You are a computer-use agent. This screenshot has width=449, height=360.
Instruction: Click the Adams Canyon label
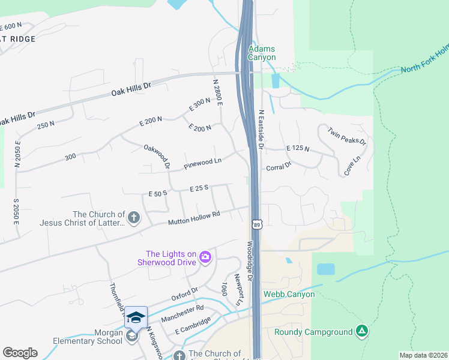pyautogui.click(x=262, y=53)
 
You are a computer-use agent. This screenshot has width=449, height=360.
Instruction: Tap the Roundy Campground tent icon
pyautogui.click(x=361, y=331)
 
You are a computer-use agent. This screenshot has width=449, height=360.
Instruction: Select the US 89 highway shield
pyautogui.click(x=256, y=224)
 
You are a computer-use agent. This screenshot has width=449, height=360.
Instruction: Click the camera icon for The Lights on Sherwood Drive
pyautogui.click(x=205, y=257)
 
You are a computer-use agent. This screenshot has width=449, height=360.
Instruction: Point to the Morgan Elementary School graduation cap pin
pyautogui.click(x=136, y=317)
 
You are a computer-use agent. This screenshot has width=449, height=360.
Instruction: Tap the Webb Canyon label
pyautogui.click(x=288, y=295)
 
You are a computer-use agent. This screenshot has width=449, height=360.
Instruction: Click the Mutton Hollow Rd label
pyautogui.click(x=194, y=218)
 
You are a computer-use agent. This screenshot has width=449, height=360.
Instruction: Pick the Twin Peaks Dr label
pyautogui.click(x=346, y=136)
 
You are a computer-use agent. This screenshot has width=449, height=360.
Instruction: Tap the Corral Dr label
pyautogui.click(x=279, y=166)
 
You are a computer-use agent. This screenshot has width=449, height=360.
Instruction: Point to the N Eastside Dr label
pyautogui.click(x=261, y=129)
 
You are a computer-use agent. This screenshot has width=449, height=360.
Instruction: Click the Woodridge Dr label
pyautogui.click(x=250, y=262)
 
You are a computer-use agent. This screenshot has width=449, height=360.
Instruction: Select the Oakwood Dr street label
pyautogui.click(x=157, y=156)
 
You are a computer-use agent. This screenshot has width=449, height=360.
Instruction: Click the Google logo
pyautogui.click(x=20, y=353)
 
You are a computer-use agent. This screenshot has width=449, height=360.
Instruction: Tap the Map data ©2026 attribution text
pyautogui.click(x=423, y=355)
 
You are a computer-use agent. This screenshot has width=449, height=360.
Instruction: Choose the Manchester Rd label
pyautogui.click(x=182, y=313)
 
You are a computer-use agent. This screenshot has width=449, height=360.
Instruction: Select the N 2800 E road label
pyautogui.click(x=218, y=92)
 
